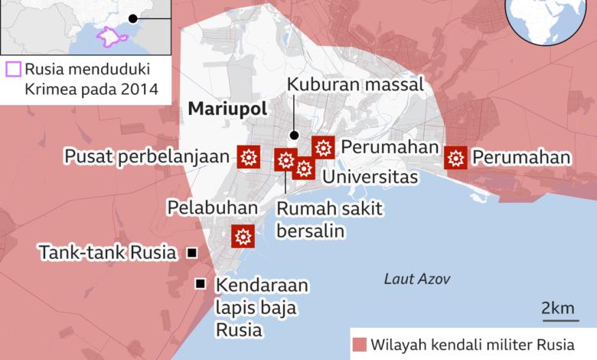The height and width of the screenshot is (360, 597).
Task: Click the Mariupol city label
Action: (x=227, y=110)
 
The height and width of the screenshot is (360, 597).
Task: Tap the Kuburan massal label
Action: (x=355, y=85)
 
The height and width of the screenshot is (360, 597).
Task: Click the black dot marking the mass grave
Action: (x=293, y=136)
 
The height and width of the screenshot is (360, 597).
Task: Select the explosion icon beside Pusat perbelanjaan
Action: (x=248, y=157)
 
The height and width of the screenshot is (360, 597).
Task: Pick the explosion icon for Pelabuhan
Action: (x=243, y=236)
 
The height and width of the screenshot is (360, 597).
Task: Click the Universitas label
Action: (x=370, y=178)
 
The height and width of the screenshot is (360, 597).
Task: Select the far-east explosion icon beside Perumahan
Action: (x=456, y=158)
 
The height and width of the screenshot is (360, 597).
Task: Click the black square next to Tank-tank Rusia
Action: (x=191, y=253)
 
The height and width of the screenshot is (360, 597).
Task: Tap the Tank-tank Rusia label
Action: (x=108, y=253)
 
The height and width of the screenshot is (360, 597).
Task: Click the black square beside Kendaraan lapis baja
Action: (x=201, y=284)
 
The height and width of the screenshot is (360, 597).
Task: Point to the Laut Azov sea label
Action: (x=417, y=280)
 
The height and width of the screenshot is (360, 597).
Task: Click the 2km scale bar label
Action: (x=557, y=309)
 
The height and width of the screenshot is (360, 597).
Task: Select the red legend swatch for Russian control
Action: (x=359, y=343)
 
